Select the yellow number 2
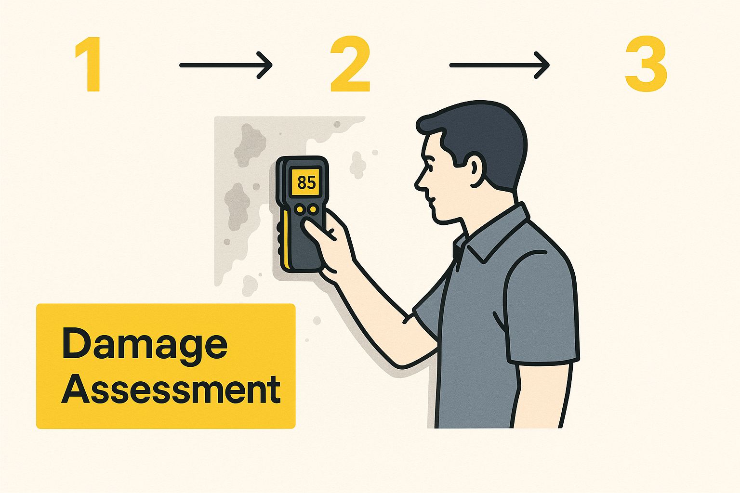point(350,64)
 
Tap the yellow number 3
point(646,64)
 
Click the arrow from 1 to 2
point(226,65)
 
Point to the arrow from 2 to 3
point(499,65)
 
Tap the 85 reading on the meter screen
point(306,182)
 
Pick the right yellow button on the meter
point(313,209)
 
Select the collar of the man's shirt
point(489,235)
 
